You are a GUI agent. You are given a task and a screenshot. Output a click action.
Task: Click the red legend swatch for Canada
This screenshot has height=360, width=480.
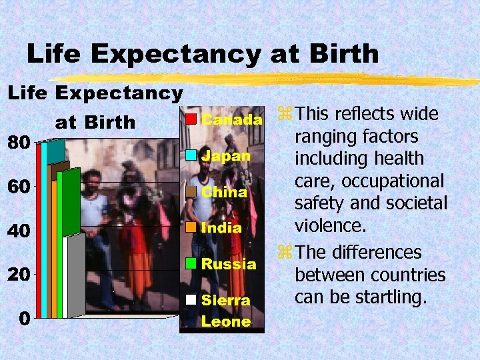coord(191,119)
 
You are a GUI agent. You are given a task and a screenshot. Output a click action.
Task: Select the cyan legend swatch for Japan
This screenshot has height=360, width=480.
coord(191,155)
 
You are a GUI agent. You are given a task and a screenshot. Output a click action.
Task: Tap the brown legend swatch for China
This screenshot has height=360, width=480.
coord(191,191)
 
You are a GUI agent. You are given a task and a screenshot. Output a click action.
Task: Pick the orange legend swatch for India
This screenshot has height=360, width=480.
coord(191,227)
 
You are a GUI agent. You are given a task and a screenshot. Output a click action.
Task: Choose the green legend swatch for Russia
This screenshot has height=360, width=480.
coord(191,263)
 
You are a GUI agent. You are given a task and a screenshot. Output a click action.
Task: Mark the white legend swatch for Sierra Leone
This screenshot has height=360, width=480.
coord(191,299)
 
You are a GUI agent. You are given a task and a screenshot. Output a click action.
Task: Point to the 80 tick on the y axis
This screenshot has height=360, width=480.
coord(17,143)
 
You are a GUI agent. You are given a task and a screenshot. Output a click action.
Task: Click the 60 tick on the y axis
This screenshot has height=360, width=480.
coord(17,187)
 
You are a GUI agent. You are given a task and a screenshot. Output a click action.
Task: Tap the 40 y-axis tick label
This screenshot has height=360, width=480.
coord(17,231)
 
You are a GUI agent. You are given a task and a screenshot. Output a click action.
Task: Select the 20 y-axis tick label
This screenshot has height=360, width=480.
coord(17,275)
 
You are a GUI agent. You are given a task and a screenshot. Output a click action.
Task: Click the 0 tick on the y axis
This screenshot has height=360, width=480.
coord(23,318)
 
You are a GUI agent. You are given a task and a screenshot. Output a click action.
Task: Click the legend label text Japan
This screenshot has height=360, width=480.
coord(225,156)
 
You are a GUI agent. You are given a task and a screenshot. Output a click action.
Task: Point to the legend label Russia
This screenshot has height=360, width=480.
coord(228,263)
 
